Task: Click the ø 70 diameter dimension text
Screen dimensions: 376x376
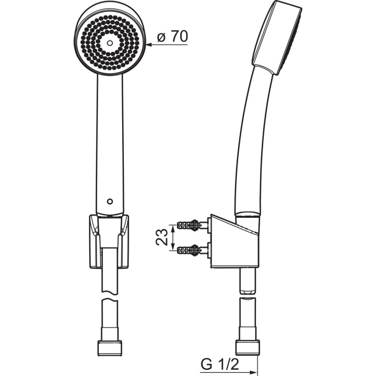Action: coord(172,37)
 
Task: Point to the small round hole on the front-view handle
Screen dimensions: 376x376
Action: coord(109,201)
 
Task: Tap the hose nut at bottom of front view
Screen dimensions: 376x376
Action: coord(109,347)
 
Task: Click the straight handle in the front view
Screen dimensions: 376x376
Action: coord(110,141)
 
